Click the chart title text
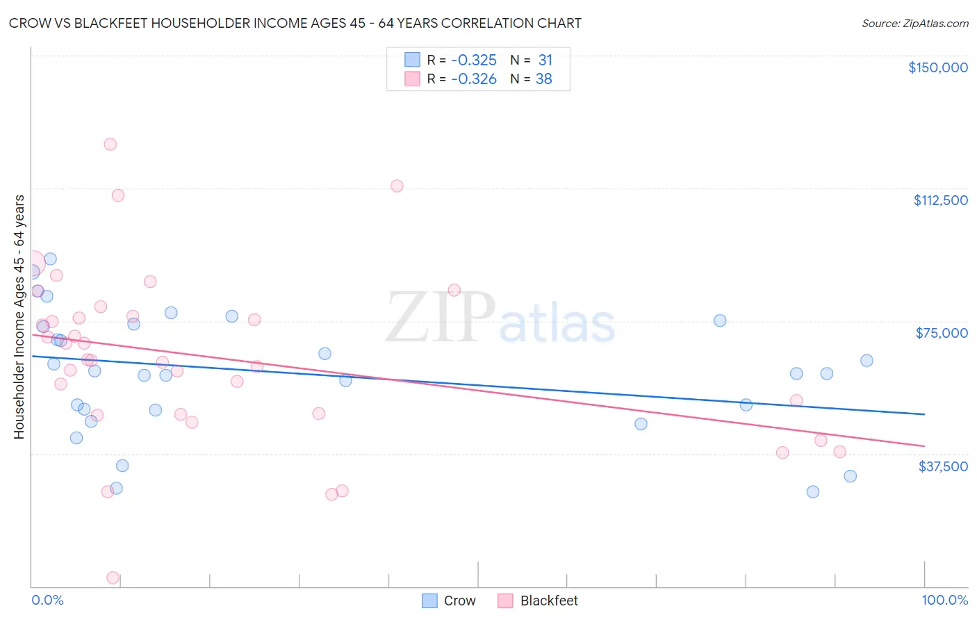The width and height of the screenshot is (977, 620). tap(295, 23)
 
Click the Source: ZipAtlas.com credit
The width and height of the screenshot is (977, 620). tap(914, 24)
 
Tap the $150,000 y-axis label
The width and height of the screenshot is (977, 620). tap(937, 67)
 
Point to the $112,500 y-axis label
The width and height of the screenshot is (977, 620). tap(940, 200)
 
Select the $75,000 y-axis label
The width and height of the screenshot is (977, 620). tap(941, 333)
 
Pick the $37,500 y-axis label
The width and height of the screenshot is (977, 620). tap(942, 466)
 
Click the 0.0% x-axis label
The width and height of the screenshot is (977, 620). tap(47, 600)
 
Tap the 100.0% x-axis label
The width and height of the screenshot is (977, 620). tap(944, 600)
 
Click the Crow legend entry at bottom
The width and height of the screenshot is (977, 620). tap(450, 601)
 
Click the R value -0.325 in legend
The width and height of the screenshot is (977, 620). tap(474, 60)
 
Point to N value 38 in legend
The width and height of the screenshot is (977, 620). tap(543, 79)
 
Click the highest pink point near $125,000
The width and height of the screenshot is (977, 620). tap(110, 145)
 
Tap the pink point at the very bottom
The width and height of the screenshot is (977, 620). tap(113, 578)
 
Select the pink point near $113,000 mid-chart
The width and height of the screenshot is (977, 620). tap(397, 186)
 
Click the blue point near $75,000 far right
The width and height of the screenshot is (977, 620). tap(720, 320)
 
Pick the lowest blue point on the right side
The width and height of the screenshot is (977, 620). tap(813, 491)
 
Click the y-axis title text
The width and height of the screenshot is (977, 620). tap(19, 317)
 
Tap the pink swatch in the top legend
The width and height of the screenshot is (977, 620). tap(412, 79)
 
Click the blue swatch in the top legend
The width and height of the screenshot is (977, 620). tap(412, 60)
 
